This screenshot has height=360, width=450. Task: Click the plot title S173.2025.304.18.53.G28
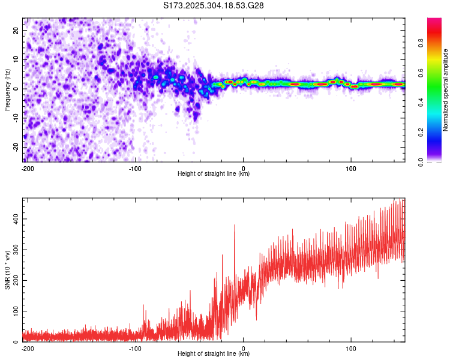point(214,6)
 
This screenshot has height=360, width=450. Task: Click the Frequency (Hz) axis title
point(8,89)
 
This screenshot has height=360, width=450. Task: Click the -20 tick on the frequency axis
point(16,147)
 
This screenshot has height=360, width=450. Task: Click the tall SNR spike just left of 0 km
point(234,226)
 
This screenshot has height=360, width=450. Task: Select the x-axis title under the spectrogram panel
point(214,174)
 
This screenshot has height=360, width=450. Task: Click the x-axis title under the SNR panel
point(214,354)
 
